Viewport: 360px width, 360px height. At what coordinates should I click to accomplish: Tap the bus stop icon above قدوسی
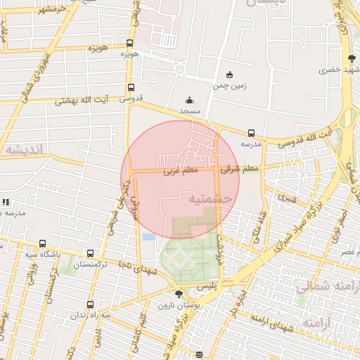[131, 88]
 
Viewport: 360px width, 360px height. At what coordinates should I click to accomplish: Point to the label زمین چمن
[229, 86]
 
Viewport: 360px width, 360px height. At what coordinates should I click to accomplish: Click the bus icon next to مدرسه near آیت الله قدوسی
[251, 133]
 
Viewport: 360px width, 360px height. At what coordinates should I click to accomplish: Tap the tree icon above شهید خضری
[351, 58]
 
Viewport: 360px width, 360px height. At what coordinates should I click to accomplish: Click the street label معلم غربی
[178, 170]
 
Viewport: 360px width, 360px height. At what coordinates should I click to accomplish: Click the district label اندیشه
[23, 149]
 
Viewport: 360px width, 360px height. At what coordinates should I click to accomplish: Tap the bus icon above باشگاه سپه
[42, 243]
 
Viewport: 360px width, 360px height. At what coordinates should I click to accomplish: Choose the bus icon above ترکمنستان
[90, 254]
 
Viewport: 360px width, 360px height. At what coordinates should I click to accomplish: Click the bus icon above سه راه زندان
[90, 304]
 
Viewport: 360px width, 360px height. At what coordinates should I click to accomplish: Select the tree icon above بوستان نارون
[178, 294]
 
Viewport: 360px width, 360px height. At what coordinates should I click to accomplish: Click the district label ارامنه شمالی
[325, 286]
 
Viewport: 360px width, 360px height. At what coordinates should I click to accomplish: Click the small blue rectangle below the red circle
[148, 237]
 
